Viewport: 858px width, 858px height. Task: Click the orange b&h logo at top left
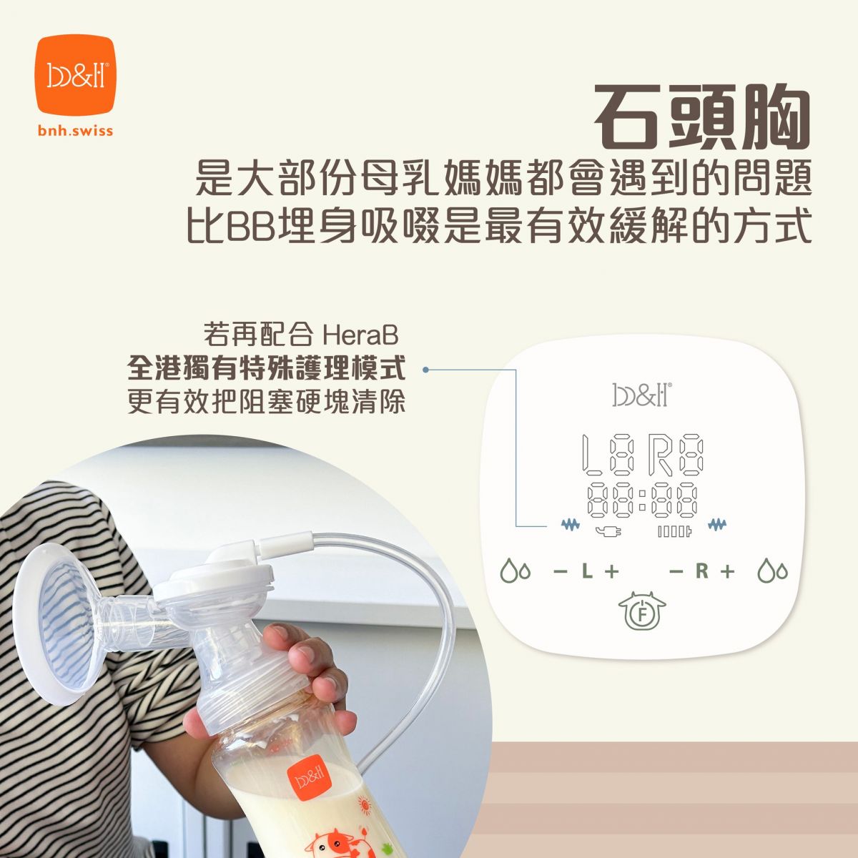point(76,75)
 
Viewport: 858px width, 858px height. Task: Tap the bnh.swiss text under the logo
point(76,131)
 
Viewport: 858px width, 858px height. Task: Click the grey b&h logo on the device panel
point(641,395)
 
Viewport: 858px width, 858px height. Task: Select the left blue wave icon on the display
point(571,525)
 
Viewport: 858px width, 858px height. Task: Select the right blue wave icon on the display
point(717,525)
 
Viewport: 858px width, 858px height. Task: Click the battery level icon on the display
point(674,532)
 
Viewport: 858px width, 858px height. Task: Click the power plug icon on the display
point(609,531)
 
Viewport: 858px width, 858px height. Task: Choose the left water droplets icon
point(516,571)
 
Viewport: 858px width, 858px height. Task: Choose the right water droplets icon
point(772,571)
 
